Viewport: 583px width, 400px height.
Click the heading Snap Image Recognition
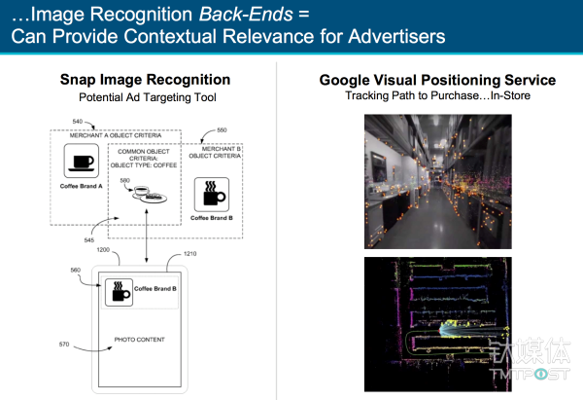[145, 81]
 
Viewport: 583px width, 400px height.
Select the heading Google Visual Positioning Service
[436, 80]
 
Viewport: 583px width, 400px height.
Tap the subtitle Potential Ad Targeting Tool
[145, 97]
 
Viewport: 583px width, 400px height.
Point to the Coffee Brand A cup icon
[80, 161]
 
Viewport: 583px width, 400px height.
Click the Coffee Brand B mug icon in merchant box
[210, 193]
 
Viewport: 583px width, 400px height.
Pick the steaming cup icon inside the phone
[120, 290]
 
